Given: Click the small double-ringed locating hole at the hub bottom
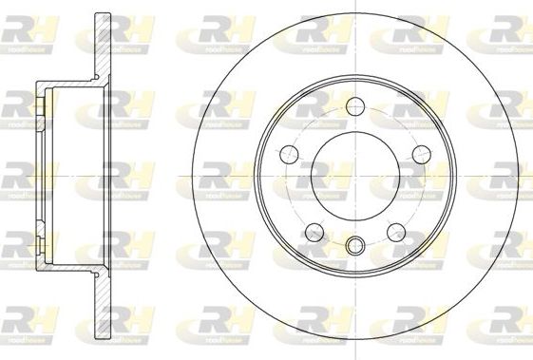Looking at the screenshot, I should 354,245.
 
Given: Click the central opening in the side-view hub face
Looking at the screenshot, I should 41,176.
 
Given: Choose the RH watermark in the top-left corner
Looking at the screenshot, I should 27,35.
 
